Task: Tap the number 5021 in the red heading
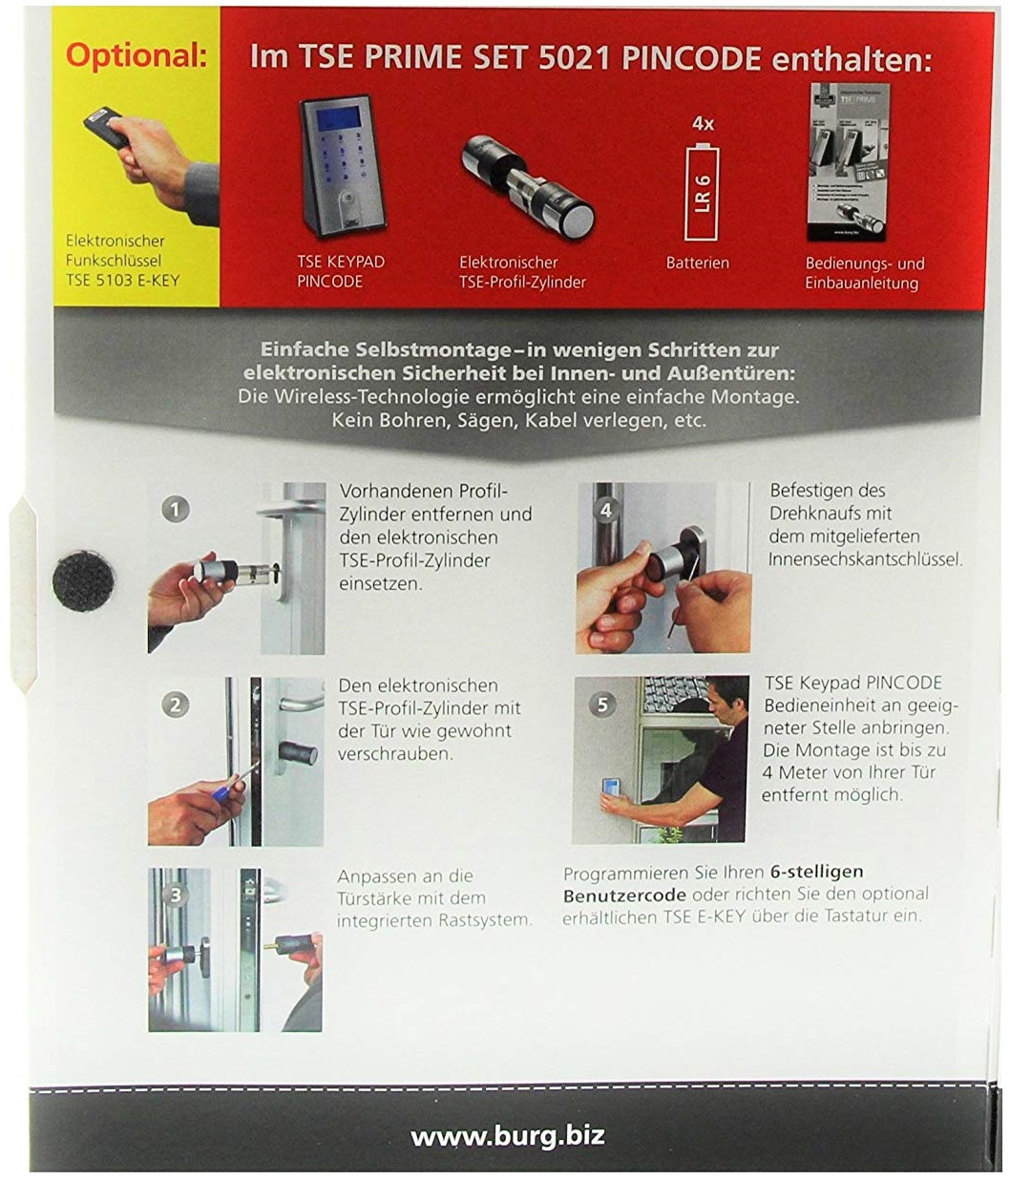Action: [575, 57]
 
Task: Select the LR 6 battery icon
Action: [702, 193]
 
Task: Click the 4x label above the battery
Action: [703, 123]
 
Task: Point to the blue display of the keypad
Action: [340, 118]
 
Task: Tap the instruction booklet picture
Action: [848, 161]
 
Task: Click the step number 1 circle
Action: [176, 510]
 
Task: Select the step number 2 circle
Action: [176, 705]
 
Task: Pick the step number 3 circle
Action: [176, 895]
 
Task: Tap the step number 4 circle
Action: [606, 511]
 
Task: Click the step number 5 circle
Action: [602, 705]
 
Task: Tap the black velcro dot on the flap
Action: [83, 581]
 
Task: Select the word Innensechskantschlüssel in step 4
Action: [865, 559]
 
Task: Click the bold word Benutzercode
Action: [624, 896]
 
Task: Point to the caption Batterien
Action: [697, 263]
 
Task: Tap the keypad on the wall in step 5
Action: [612, 789]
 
